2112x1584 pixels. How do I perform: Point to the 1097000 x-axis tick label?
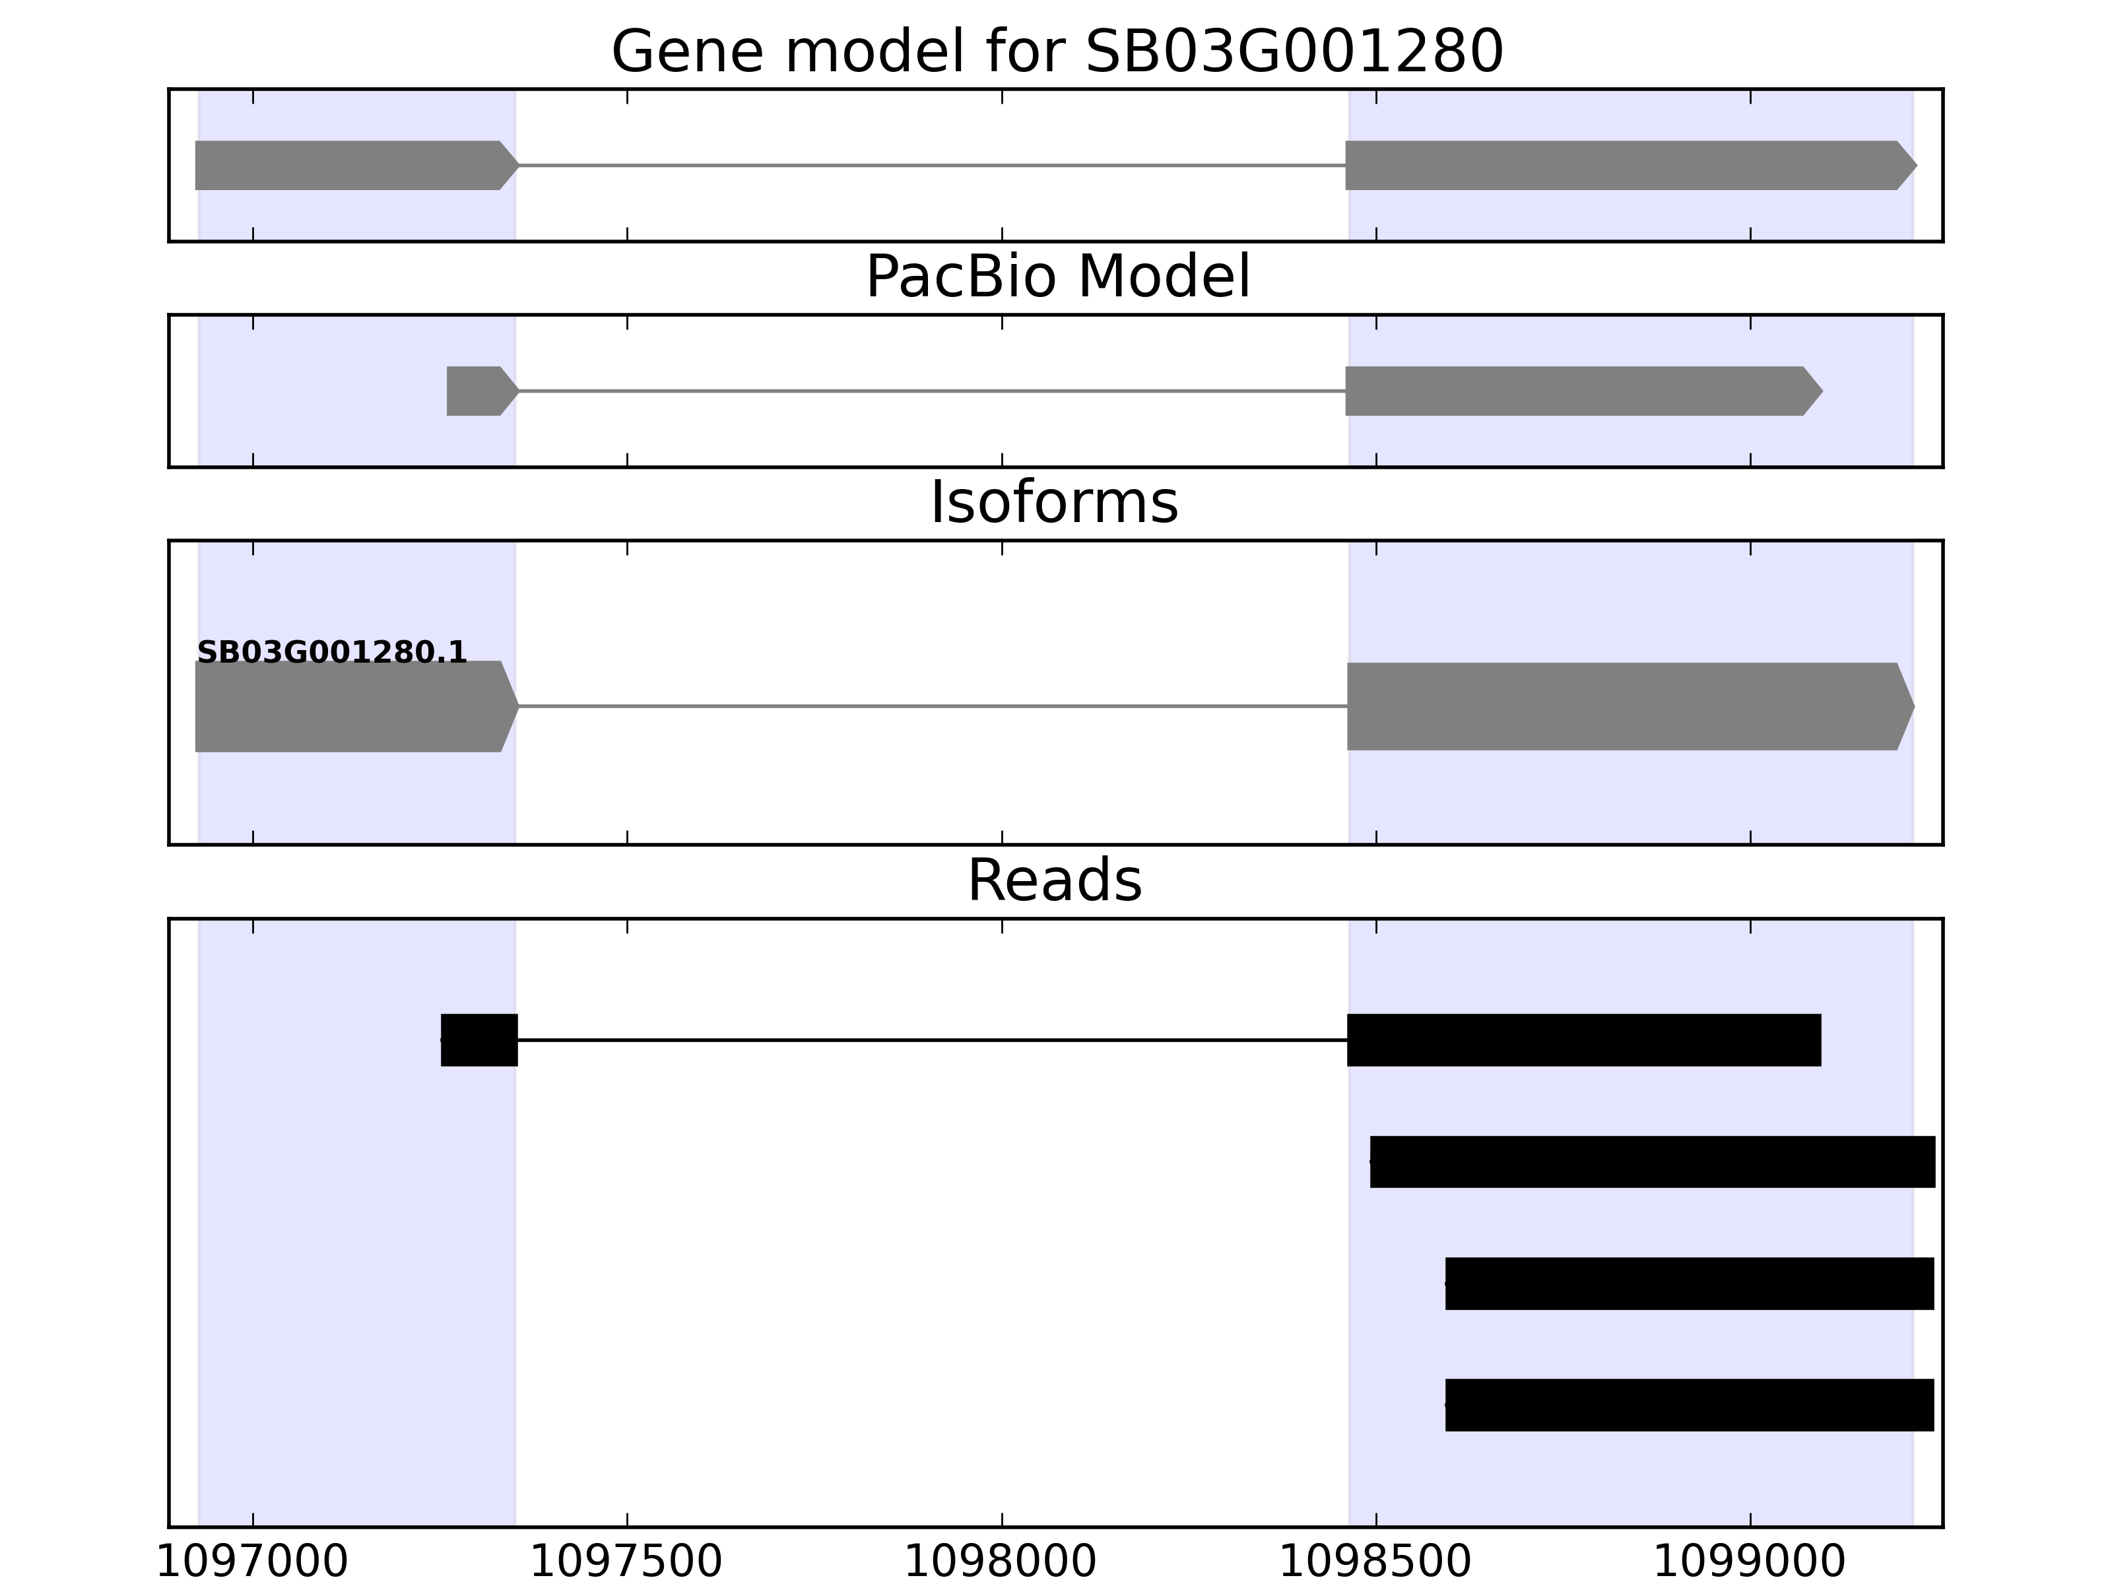[x=252, y=1563]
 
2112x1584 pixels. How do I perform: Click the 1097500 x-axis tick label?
[x=626, y=1563]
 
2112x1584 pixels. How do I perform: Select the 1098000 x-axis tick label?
[x=1001, y=1563]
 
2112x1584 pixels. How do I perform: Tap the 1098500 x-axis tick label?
[x=1375, y=1563]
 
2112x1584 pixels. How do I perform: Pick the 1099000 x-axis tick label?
[x=1749, y=1563]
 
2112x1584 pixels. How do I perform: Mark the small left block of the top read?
[x=479, y=1039]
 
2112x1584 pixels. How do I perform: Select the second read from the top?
[x=1652, y=1162]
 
